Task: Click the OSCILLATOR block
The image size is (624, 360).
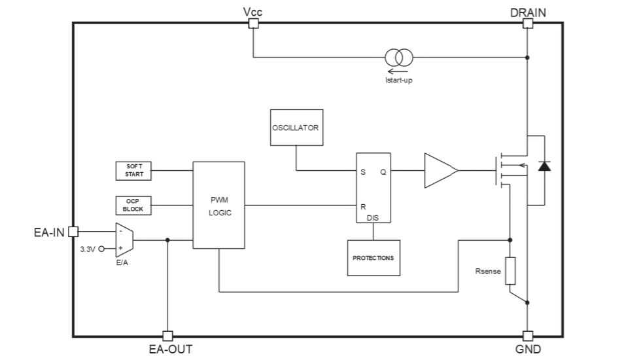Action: tap(296, 128)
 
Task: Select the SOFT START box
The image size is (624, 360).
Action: tap(134, 171)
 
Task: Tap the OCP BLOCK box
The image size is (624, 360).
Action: tap(133, 206)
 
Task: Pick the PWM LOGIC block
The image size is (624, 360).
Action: tap(218, 205)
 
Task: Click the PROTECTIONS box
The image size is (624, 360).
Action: tap(373, 258)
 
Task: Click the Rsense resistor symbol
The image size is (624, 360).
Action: tap(510, 271)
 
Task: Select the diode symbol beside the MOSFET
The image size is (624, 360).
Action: tap(544, 165)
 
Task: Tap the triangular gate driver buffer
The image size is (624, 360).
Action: tap(440, 171)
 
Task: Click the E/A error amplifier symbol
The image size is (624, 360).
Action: tap(124, 240)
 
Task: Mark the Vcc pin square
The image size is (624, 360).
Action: tap(253, 24)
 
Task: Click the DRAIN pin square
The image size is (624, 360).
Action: tap(527, 24)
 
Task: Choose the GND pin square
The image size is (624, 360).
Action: tap(527, 336)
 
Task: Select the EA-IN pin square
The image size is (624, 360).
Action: tap(73, 231)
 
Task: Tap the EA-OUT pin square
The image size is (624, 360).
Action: tap(167, 336)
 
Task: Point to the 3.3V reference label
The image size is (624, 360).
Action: tap(88, 249)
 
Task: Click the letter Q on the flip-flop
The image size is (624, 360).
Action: tap(383, 171)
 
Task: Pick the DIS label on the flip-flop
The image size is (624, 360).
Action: tap(373, 217)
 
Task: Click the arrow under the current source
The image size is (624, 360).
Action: tap(394, 71)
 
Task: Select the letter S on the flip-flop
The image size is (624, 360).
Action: tap(362, 171)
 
